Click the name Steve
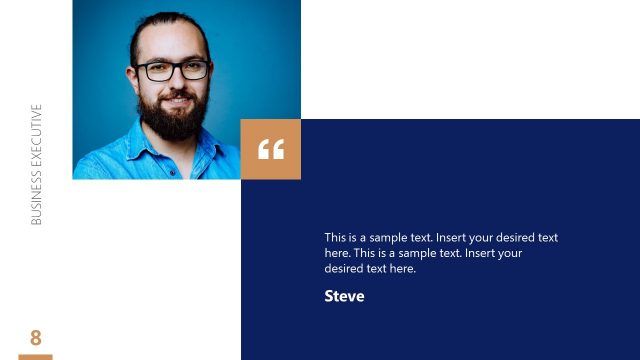pyautogui.click(x=344, y=296)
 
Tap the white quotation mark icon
pyautogui.click(x=271, y=150)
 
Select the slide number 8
pyautogui.click(x=36, y=337)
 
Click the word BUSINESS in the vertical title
pyautogui.click(x=37, y=196)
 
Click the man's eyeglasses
pyautogui.click(x=172, y=70)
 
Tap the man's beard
pyautogui.click(x=173, y=118)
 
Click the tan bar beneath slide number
pyautogui.click(x=36, y=356)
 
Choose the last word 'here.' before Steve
pyautogui.click(x=401, y=269)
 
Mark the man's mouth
pyautogui.click(x=175, y=102)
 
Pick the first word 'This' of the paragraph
pyautogui.click(x=335, y=238)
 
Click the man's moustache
pyautogui.click(x=175, y=95)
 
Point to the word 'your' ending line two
pyautogui.click(x=510, y=253)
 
